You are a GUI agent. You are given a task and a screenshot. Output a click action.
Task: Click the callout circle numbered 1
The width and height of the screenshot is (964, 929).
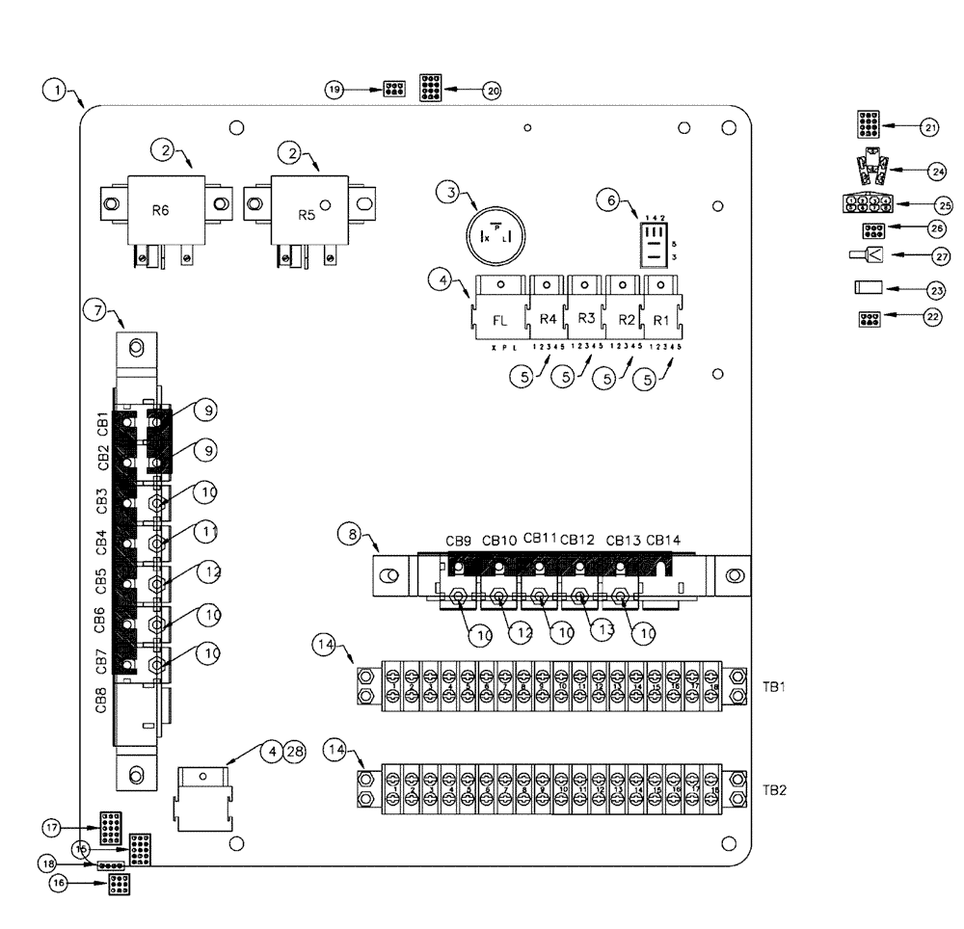coord(58,92)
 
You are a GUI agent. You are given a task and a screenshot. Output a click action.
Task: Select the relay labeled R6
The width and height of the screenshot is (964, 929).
coord(162,209)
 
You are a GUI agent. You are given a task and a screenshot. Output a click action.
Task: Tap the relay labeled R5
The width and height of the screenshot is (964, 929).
coord(307,214)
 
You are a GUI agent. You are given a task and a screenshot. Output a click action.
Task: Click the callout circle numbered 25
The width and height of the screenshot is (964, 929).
coord(945,204)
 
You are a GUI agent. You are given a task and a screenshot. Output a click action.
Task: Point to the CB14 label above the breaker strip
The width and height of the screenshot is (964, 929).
coord(664,541)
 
